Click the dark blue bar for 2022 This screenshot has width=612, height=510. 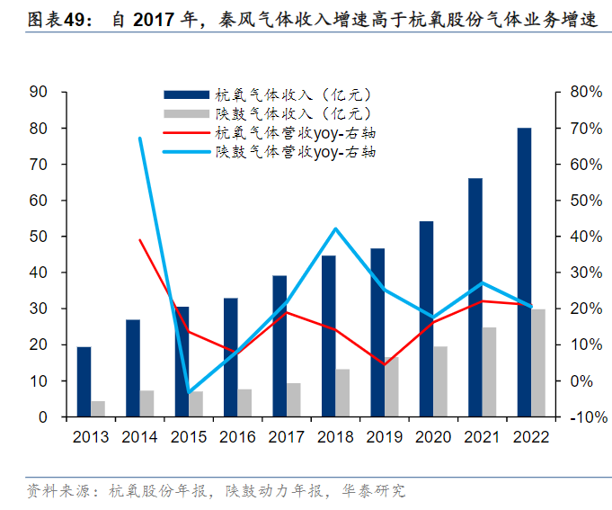(x=524, y=273)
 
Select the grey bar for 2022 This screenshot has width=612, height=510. (x=537, y=363)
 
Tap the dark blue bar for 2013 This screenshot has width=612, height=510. (x=84, y=382)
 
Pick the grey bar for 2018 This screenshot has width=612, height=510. (x=342, y=393)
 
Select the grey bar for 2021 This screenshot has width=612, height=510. (x=489, y=372)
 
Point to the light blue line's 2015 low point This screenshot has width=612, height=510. (x=189, y=393)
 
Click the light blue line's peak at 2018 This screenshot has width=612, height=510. (x=335, y=228)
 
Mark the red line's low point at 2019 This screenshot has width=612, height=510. (x=384, y=364)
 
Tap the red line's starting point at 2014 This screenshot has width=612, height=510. (x=140, y=239)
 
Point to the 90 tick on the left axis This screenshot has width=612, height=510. (x=38, y=92)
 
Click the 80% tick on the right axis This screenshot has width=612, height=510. (x=584, y=92)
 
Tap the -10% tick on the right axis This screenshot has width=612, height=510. (x=584, y=417)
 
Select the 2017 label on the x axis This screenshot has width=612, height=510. (x=287, y=436)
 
